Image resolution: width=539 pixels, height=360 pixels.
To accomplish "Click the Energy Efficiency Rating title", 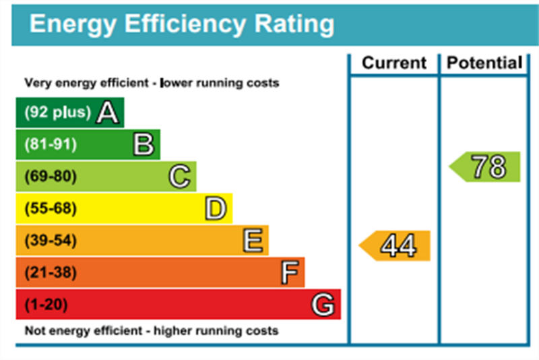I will (x=182, y=25).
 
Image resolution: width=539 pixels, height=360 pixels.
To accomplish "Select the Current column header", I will (x=394, y=63).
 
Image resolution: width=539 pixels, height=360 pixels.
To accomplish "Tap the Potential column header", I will (x=485, y=63).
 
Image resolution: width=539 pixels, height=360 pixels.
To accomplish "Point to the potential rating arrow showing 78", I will (x=486, y=167).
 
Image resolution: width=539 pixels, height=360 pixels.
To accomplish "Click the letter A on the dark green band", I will (x=108, y=113).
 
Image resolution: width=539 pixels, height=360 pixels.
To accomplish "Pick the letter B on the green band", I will (x=144, y=144).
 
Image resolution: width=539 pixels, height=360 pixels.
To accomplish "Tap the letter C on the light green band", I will (x=180, y=177).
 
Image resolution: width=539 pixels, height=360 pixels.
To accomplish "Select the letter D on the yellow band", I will (x=216, y=209).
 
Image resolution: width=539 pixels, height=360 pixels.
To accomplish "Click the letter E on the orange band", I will (x=253, y=241).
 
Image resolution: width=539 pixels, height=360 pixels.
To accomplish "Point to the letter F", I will (x=289, y=273).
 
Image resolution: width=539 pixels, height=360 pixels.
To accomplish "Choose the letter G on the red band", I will (x=323, y=305).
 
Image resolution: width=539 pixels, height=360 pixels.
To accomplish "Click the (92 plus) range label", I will (x=57, y=113).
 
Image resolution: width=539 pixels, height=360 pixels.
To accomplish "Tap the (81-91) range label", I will (x=51, y=144).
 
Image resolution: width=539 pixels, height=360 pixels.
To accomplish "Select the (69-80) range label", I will (x=51, y=177).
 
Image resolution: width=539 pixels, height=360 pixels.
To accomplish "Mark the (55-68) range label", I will (x=51, y=209).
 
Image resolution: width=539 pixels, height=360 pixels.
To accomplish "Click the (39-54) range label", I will (x=51, y=241).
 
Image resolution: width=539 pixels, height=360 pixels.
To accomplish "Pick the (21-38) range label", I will (x=51, y=273).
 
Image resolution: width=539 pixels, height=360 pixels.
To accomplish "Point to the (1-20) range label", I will (x=46, y=305).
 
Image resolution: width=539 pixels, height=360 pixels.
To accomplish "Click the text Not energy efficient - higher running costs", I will (x=151, y=331).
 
